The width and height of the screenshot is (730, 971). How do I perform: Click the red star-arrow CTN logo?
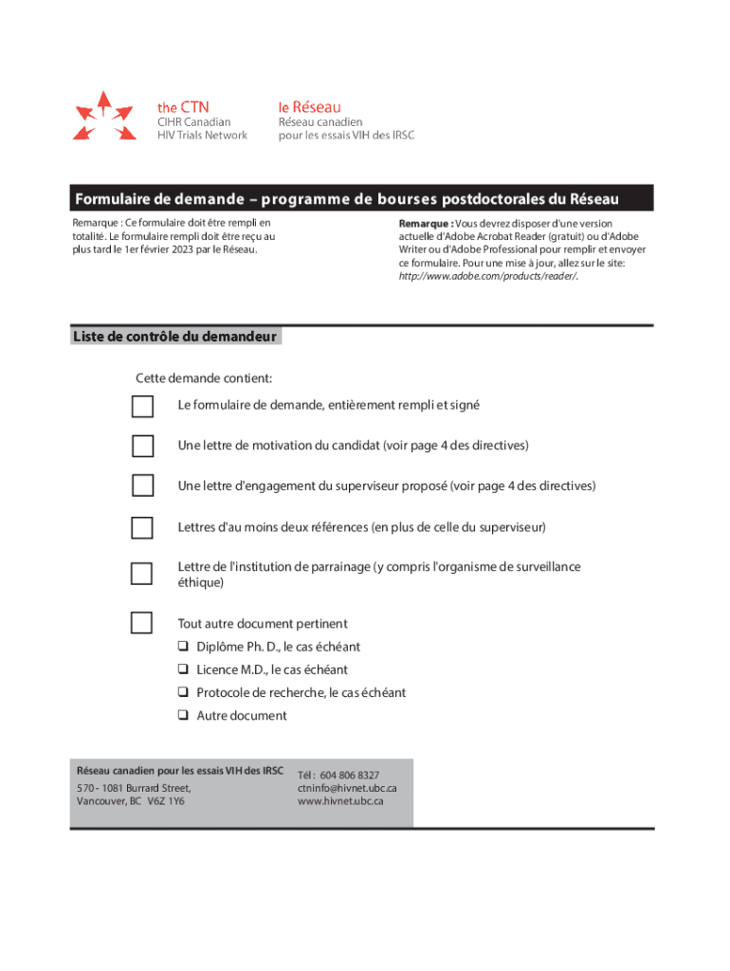click(x=103, y=118)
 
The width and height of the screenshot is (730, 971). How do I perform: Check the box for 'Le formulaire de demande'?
click(x=142, y=407)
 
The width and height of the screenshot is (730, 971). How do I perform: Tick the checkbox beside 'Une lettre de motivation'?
click(x=142, y=446)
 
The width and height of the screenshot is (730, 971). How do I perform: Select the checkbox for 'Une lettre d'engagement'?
click(x=142, y=485)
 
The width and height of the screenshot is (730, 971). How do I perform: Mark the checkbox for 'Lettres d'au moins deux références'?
click(x=142, y=527)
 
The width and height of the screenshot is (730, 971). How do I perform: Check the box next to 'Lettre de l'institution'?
click(x=142, y=574)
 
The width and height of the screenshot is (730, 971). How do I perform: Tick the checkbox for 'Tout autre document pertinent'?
click(x=142, y=623)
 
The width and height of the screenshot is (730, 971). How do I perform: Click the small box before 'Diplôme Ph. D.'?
click(x=182, y=647)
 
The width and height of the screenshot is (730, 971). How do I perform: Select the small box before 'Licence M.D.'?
click(x=182, y=669)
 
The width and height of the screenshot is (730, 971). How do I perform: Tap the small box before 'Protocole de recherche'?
click(x=182, y=692)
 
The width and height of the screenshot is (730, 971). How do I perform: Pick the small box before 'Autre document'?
click(x=182, y=716)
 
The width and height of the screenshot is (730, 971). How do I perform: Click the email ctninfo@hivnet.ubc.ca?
click(x=346, y=788)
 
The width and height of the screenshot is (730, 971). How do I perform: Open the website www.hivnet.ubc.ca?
click(x=340, y=801)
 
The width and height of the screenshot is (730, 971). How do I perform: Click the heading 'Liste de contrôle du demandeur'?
click(x=174, y=337)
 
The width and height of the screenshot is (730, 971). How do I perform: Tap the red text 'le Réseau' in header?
click(x=309, y=107)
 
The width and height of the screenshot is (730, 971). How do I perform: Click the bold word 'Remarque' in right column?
click(x=424, y=224)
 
